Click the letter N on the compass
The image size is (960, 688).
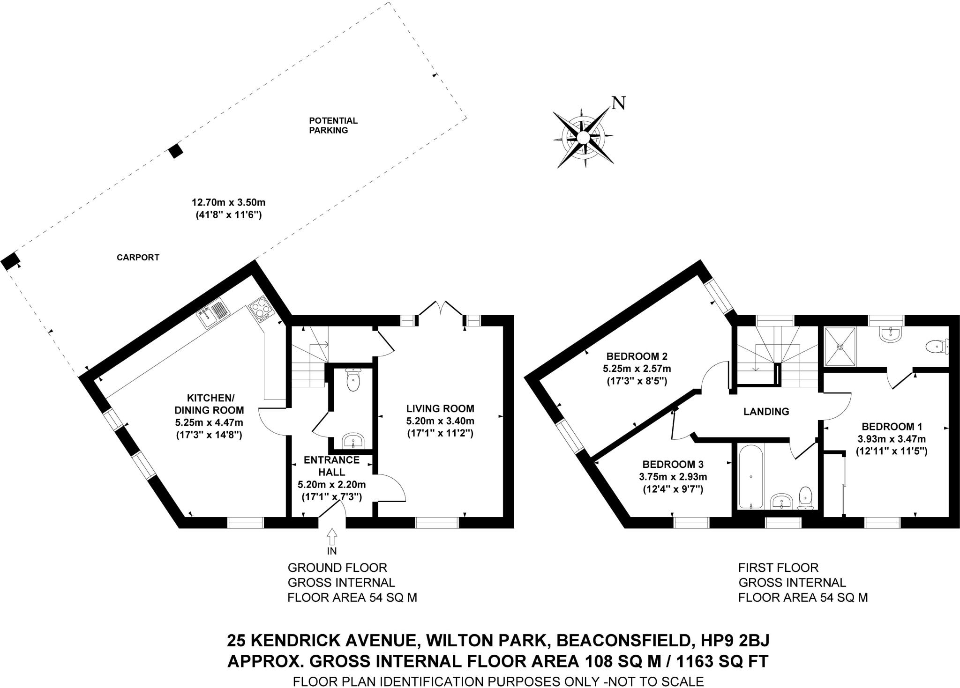(x=619, y=103)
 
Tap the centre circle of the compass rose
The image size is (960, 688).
(x=582, y=138)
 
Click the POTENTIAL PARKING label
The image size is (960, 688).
(x=333, y=126)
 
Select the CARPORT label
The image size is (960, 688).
(x=138, y=257)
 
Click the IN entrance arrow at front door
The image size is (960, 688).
(x=332, y=534)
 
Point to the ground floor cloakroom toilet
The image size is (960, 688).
(x=352, y=380)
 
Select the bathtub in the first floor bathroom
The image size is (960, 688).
(x=751, y=483)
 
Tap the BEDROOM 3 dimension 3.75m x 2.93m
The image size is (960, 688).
(x=673, y=477)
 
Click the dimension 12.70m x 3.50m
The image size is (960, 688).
(x=229, y=203)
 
